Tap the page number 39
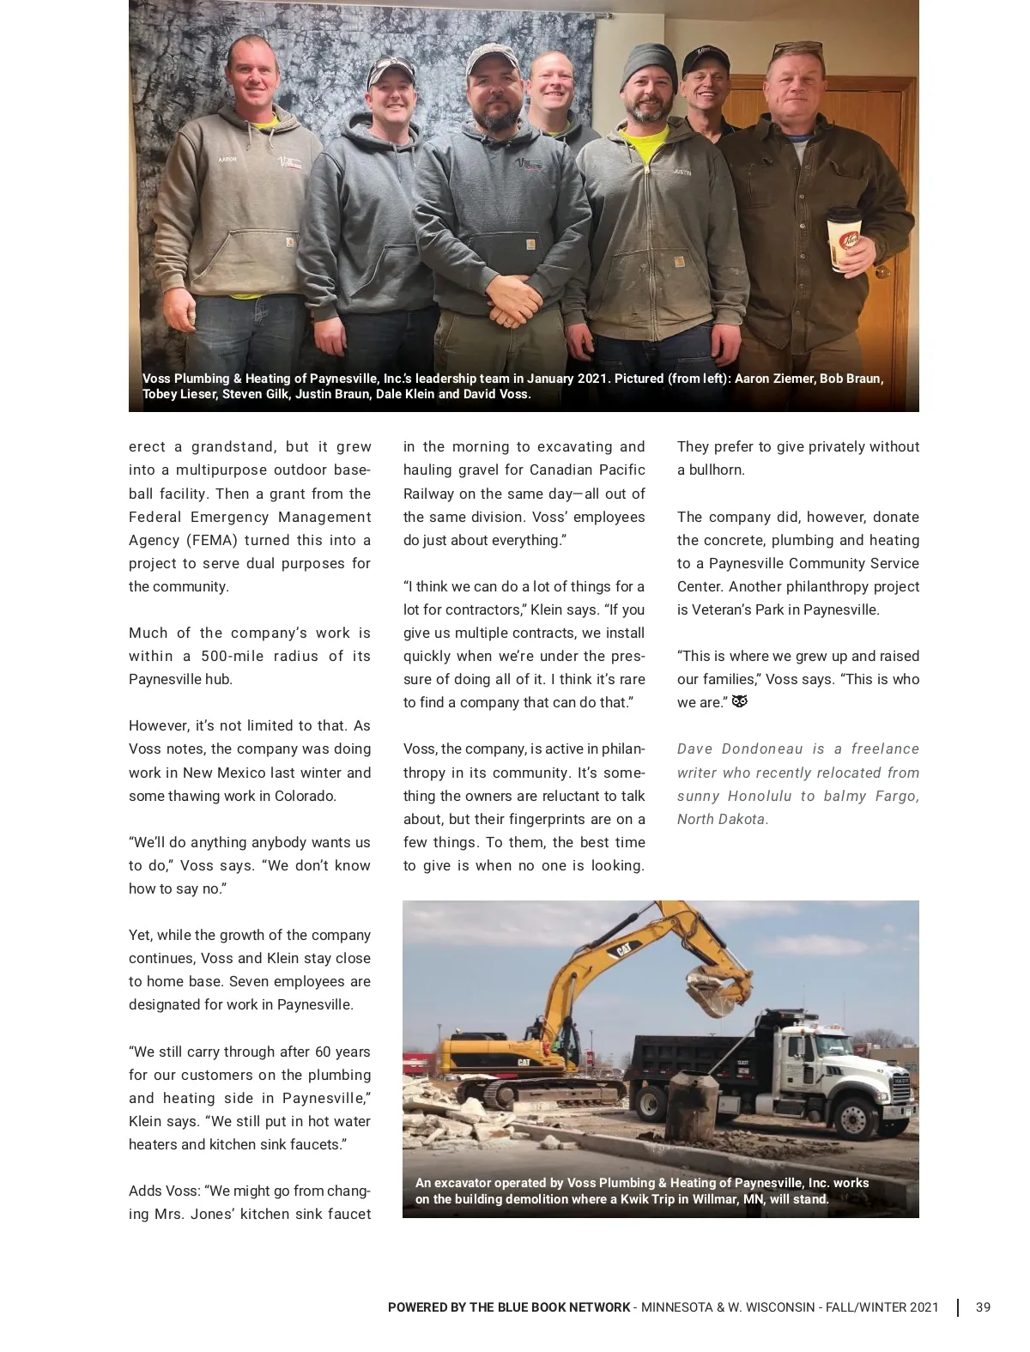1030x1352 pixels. click(983, 1307)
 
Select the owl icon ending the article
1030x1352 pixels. click(739, 702)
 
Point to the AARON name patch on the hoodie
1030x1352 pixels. click(227, 159)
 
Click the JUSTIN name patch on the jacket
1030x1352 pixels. click(682, 173)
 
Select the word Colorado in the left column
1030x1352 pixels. click(306, 796)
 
